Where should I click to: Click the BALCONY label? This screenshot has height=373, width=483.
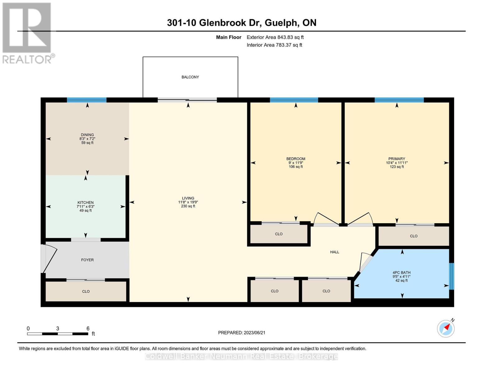pos(190,77)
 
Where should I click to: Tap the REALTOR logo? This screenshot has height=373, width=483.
pos(28,33)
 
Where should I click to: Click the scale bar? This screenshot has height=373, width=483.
pos(58,334)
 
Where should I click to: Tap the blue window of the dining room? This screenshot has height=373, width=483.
pos(87,100)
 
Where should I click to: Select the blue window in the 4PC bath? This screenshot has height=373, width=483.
pos(452,276)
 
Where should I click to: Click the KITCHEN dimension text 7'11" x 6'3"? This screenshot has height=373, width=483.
pos(86,207)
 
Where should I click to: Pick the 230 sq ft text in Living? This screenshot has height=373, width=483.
pos(188,206)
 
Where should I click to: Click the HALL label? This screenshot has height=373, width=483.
pos(335,252)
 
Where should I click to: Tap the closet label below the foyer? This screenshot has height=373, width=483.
pos(86,292)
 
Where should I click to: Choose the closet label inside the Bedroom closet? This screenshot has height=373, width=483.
pos(279,234)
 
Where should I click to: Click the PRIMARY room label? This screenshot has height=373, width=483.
pos(397,159)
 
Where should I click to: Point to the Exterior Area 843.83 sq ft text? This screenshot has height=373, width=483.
pos(275,37)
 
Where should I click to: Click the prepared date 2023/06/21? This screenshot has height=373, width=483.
pos(254,333)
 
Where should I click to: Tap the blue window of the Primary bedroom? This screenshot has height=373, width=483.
pos(399,100)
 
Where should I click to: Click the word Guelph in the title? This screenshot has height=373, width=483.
pos(281,23)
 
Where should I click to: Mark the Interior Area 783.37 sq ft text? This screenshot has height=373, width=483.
pos(275,45)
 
